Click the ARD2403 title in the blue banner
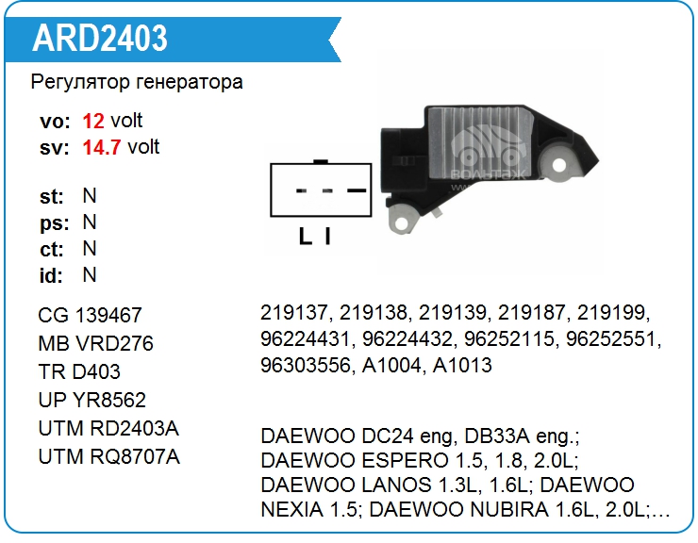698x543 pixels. [x=100, y=38]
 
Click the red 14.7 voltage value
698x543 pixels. [x=102, y=147]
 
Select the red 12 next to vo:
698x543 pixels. [x=93, y=121]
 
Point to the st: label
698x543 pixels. [x=52, y=197]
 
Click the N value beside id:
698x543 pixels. [x=90, y=275]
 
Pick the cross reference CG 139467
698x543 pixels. [x=90, y=316]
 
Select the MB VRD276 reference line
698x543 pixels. [x=95, y=343]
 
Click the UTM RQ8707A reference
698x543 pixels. [x=109, y=457]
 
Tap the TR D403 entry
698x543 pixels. [x=79, y=372]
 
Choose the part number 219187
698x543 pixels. [x=531, y=312]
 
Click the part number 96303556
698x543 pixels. [x=305, y=366]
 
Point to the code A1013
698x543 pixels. [x=462, y=366]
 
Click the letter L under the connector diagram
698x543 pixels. [x=305, y=237]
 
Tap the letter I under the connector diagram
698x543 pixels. [x=327, y=237]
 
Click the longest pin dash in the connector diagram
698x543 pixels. [x=357, y=191]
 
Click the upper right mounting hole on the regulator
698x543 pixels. [x=559, y=166]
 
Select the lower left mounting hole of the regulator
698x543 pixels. [x=402, y=222]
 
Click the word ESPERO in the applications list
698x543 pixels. [x=405, y=461]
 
